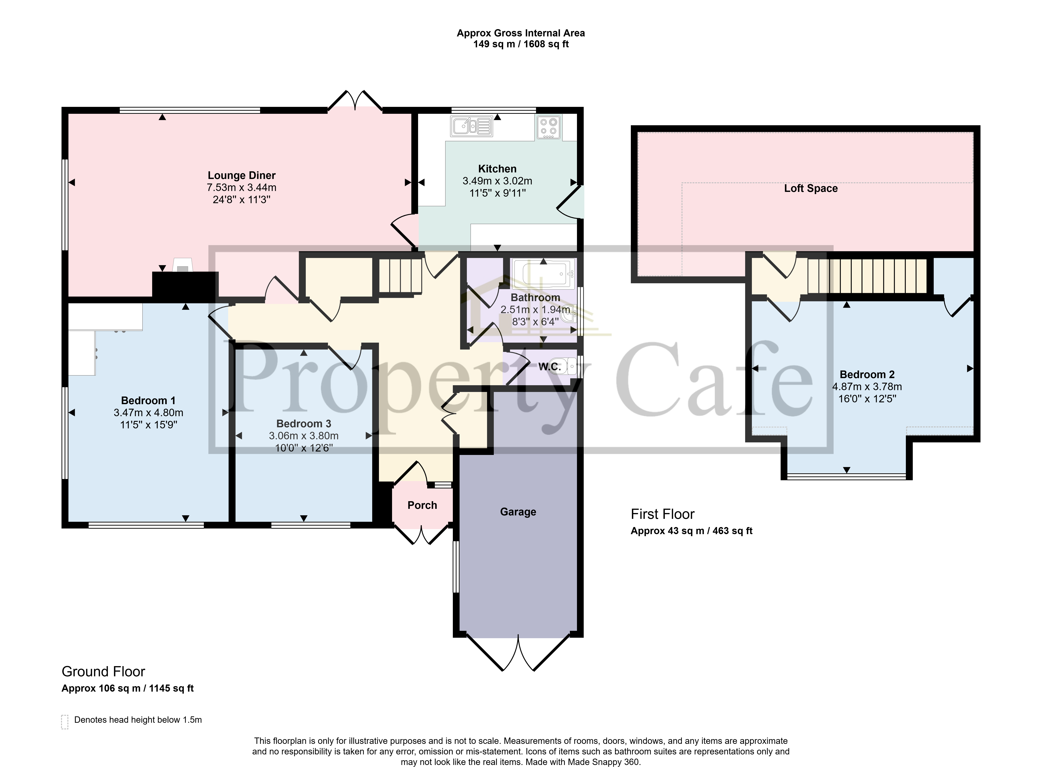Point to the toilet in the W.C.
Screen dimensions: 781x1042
coord(568,366)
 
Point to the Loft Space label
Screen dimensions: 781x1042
coord(811,188)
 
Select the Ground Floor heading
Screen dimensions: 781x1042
coord(103,671)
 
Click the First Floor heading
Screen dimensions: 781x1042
coord(662,514)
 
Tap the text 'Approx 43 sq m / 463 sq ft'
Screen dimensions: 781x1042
coord(691,531)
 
